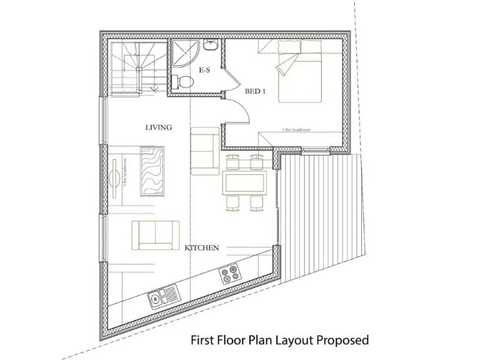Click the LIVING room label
(x=158, y=127)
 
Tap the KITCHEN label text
(x=202, y=248)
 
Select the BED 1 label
(x=255, y=91)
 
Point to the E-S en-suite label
(x=204, y=71)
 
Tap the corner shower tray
(x=185, y=55)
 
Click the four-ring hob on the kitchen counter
(x=229, y=274)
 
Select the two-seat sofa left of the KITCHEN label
(x=155, y=236)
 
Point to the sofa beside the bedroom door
(x=204, y=150)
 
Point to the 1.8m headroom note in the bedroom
(x=297, y=131)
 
